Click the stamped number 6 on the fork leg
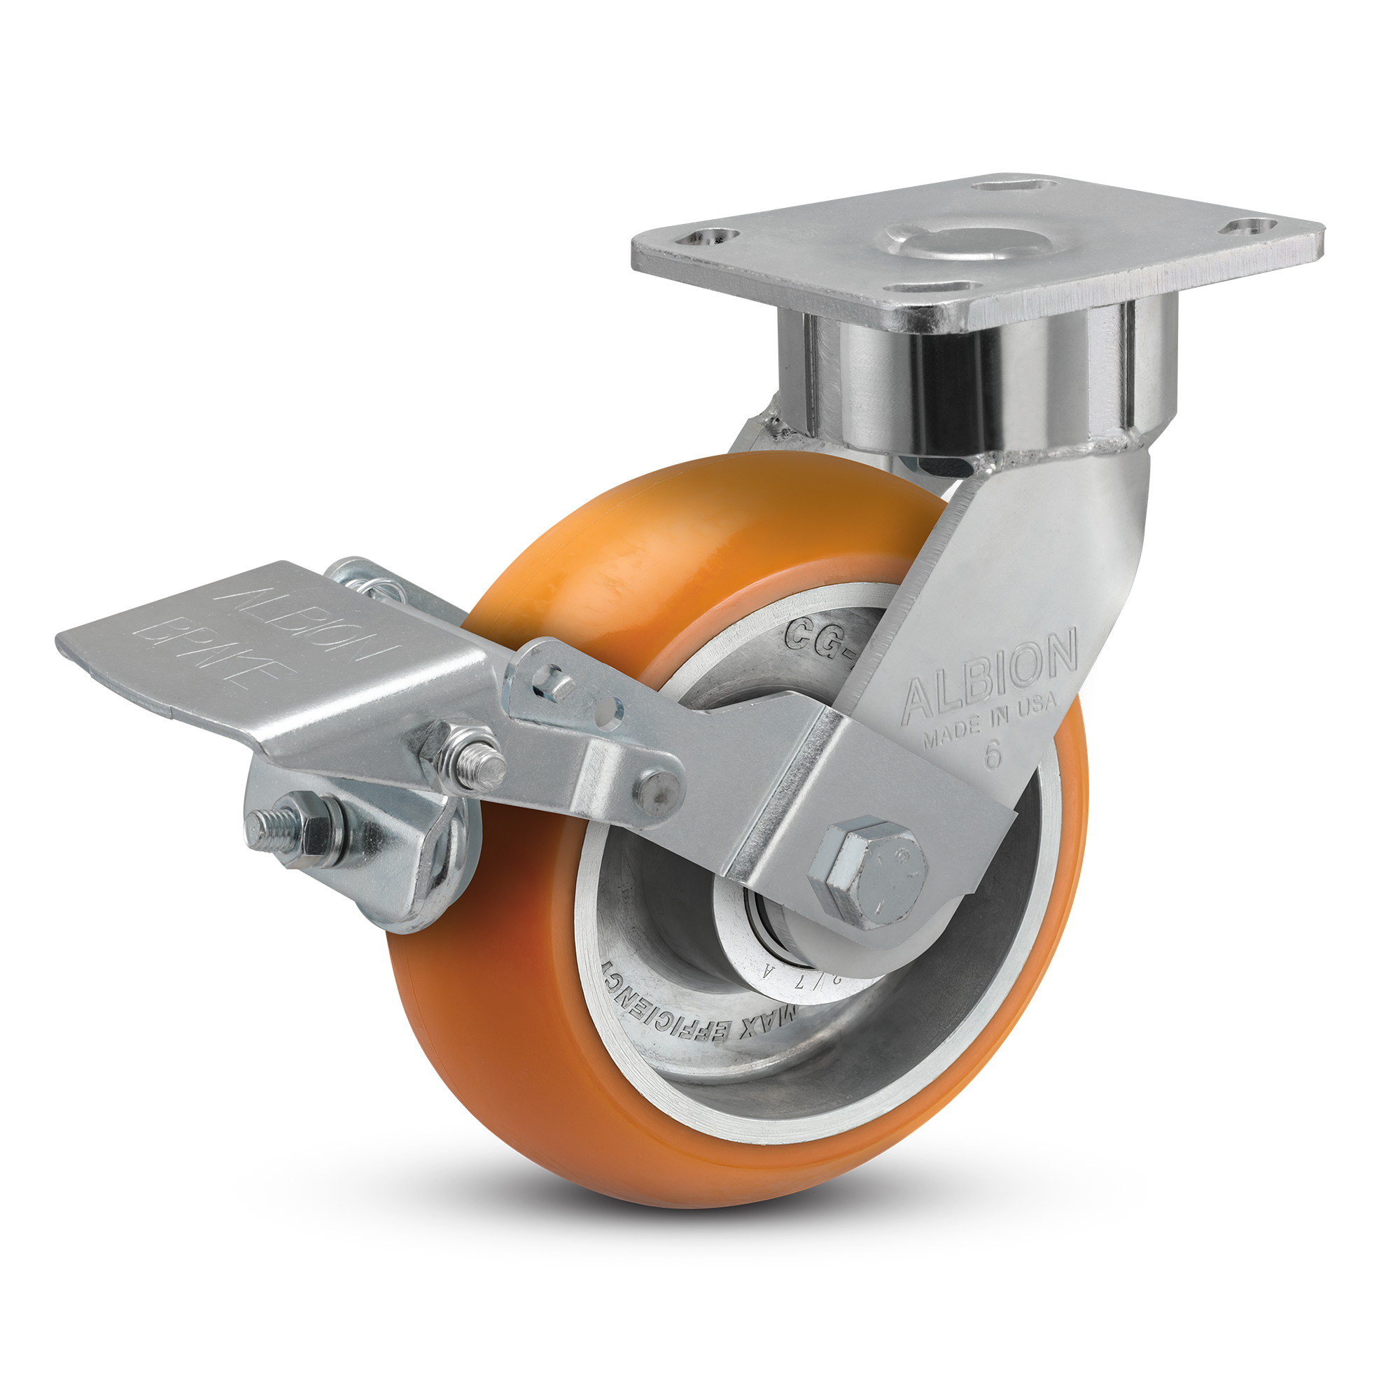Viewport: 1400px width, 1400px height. coord(993,755)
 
